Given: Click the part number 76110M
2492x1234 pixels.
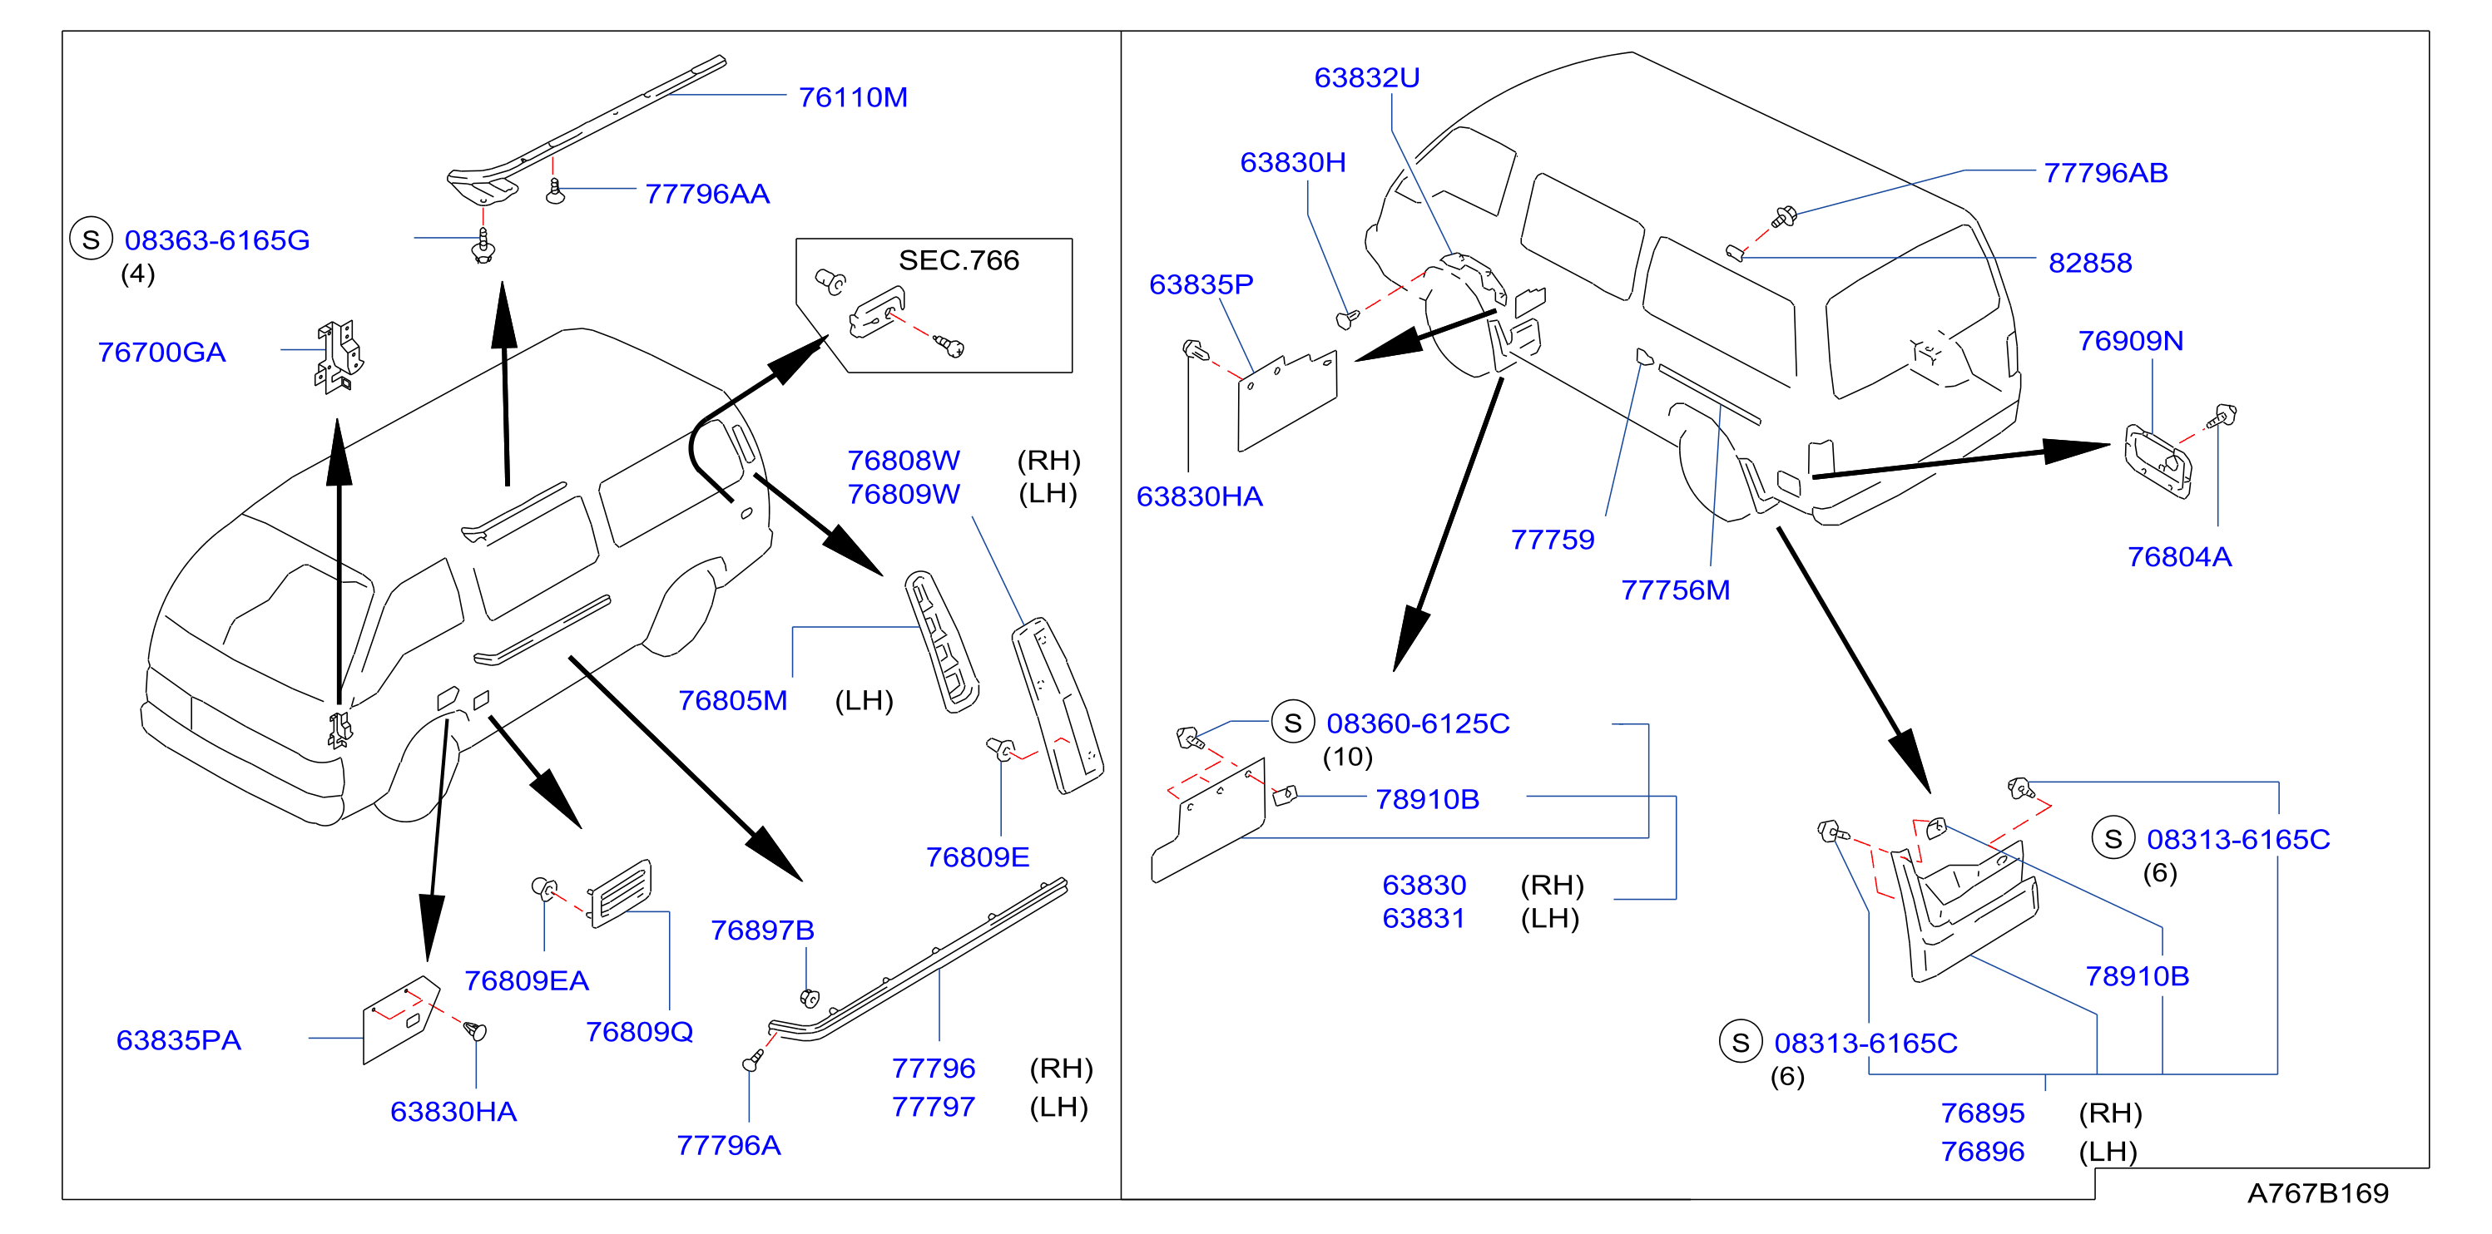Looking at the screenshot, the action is pyautogui.click(x=852, y=97).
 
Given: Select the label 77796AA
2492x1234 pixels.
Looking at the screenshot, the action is pyautogui.click(x=707, y=195).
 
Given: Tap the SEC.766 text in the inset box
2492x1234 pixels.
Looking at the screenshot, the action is pyautogui.click(x=959, y=260).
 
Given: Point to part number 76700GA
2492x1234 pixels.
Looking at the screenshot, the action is pyautogui.click(x=161, y=352).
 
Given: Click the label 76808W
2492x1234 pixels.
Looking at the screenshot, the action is pyautogui.click(x=904, y=461).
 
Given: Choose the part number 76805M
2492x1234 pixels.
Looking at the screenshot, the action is pyautogui.click(x=732, y=700).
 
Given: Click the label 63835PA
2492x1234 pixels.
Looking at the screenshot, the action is pyautogui.click(x=179, y=1040).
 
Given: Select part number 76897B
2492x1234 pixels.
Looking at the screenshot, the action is pyautogui.click(x=762, y=930).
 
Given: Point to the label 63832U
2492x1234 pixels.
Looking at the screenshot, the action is pyautogui.click(x=1366, y=77).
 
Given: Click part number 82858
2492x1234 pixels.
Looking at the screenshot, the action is pyautogui.click(x=2089, y=263).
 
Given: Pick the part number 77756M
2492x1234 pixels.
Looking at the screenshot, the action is pyautogui.click(x=1676, y=590).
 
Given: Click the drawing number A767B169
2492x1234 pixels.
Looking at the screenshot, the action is pyautogui.click(x=2317, y=1193).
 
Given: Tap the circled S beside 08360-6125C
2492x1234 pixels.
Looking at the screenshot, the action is pyautogui.click(x=1292, y=723).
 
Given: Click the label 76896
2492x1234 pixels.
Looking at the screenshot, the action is pyautogui.click(x=1982, y=1152).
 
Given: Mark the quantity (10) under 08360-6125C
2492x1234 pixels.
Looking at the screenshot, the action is pyautogui.click(x=1348, y=758).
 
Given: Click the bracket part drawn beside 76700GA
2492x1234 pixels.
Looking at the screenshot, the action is pyautogui.click(x=339, y=357).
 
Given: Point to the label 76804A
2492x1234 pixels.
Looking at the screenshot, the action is pyautogui.click(x=2178, y=557).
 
